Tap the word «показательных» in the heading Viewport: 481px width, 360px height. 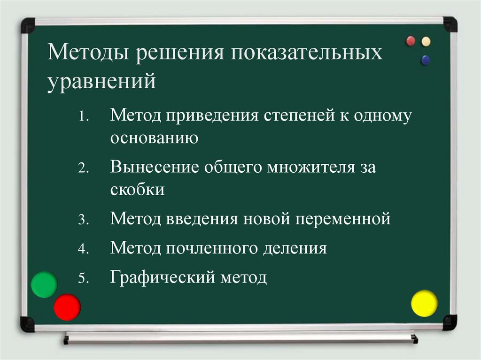coord(306,53)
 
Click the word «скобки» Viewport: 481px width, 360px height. coord(137,190)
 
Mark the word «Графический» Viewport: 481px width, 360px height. coord(161,277)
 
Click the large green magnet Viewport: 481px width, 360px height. coord(44,284)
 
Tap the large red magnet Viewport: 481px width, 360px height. coord(67,307)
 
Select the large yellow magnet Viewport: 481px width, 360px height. coord(424,303)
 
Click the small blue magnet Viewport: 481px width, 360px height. coord(426,60)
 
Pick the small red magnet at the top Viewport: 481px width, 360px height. coord(411,41)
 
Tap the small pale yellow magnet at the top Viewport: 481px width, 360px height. coord(426,41)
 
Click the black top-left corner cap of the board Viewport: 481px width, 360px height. coord(28,25)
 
